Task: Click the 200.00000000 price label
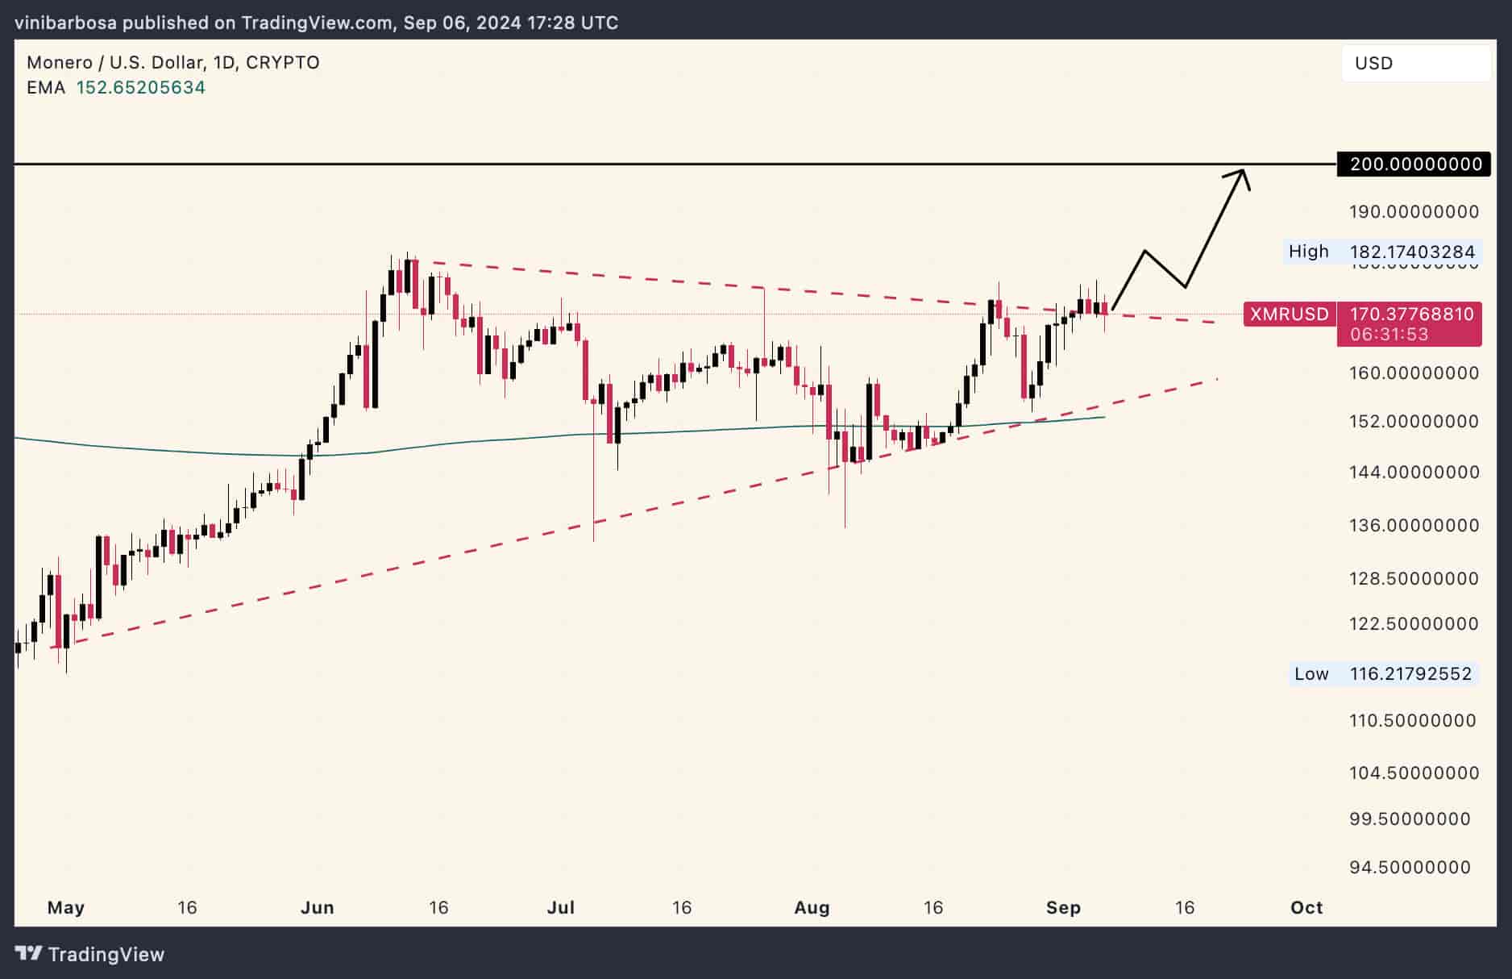point(1415,165)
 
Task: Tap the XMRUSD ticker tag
point(1289,314)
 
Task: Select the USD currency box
point(1415,63)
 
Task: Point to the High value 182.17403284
point(1412,252)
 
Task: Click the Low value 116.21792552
point(1410,673)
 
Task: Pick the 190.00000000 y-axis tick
point(1414,211)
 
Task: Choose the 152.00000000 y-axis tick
point(1414,421)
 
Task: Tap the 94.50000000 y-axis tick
point(1410,867)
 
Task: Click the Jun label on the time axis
point(317,907)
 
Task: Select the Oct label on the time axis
point(1306,907)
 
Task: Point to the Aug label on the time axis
point(811,907)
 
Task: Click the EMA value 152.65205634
point(140,87)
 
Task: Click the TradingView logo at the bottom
point(89,954)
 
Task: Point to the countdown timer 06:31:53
point(1389,334)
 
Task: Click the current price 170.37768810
point(1411,314)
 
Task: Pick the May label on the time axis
point(65,907)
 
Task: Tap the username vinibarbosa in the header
point(65,23)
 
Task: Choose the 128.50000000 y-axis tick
point(1414,578)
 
